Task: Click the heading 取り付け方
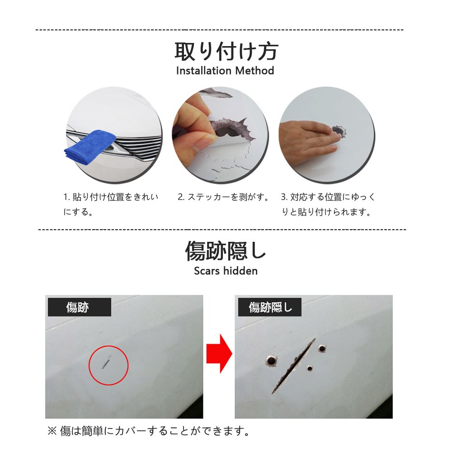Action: click(x=226, y=52)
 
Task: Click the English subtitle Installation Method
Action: click(x=225, y=71)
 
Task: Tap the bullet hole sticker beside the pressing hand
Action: click(x=339, y=132)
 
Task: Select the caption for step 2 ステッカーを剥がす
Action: click(x=223, y=197)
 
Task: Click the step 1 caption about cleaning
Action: click(x=111, y=204)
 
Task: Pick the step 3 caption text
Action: click(x=328, y=204)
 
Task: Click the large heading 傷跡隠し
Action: click(x=226, y=251)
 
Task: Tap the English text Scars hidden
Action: click(x=226, y=271)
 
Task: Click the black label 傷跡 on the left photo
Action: click(x=79, y=307)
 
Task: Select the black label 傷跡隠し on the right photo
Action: click(x=269, y=307)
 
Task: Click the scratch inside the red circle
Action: click(x=106, y=362)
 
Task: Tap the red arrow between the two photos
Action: click(x=219, y=353)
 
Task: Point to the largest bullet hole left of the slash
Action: click(x=271, y=360)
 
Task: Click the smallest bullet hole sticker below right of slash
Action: click(x=310, y=368)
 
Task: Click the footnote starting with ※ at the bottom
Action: click(x=149, y=431)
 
